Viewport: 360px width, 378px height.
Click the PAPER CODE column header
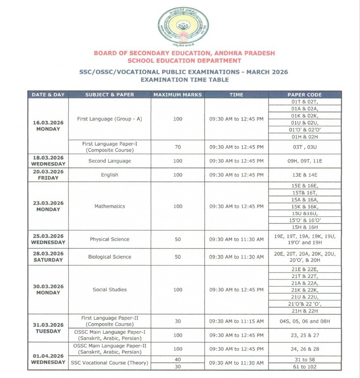click(x=305, y=95)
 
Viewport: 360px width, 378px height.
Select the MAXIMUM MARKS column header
click(x=177, y=95)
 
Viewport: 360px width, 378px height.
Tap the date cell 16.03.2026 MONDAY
click(x=48, y=126)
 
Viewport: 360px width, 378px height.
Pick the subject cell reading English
click(x=110, y=175)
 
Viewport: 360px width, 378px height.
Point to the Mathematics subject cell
click(x=110, y=206)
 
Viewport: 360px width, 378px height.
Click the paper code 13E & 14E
click(x=305, y=175)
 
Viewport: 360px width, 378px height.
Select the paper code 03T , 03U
click(x=305, y=147)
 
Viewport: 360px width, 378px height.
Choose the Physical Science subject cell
click(x=110, y=239)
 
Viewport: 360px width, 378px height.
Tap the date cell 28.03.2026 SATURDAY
click(x=48, y=257)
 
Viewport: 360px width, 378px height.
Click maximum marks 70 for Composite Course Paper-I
click(x=177, y=147)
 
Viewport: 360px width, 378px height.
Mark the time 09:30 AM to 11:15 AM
click(x=236, y=321)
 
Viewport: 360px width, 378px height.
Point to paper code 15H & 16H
click(x=305, y=227)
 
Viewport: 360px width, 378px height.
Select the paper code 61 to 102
click(x=305, y=367)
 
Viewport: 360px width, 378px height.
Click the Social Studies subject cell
click(x=110, y=289)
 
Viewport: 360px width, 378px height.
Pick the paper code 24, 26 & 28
click(x=305, y=349)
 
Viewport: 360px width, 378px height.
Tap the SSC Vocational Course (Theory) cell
click(x=110, y=363)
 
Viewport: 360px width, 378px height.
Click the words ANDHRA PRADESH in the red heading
click(x=243, y=53)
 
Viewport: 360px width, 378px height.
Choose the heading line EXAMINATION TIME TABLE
click(x=184, y=79)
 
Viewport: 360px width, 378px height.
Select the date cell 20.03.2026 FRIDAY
click(x=48, y=175)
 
